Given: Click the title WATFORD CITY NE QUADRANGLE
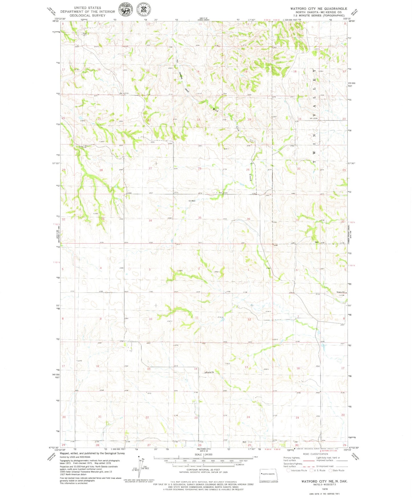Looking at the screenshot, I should click(318, 9).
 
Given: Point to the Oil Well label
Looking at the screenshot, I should click(192, 201).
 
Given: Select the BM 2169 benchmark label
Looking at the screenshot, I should click(223, 193).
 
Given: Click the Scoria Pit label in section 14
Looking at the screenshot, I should click(210, 372).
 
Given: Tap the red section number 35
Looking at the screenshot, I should click(200, 218).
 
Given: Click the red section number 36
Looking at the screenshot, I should click(248, 219).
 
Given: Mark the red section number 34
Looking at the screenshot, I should click(150, 221).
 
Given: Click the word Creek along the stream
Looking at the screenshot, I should click(250, 178).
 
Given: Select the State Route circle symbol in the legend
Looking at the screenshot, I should click(331, 470).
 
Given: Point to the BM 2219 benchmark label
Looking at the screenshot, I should click(124, 93).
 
